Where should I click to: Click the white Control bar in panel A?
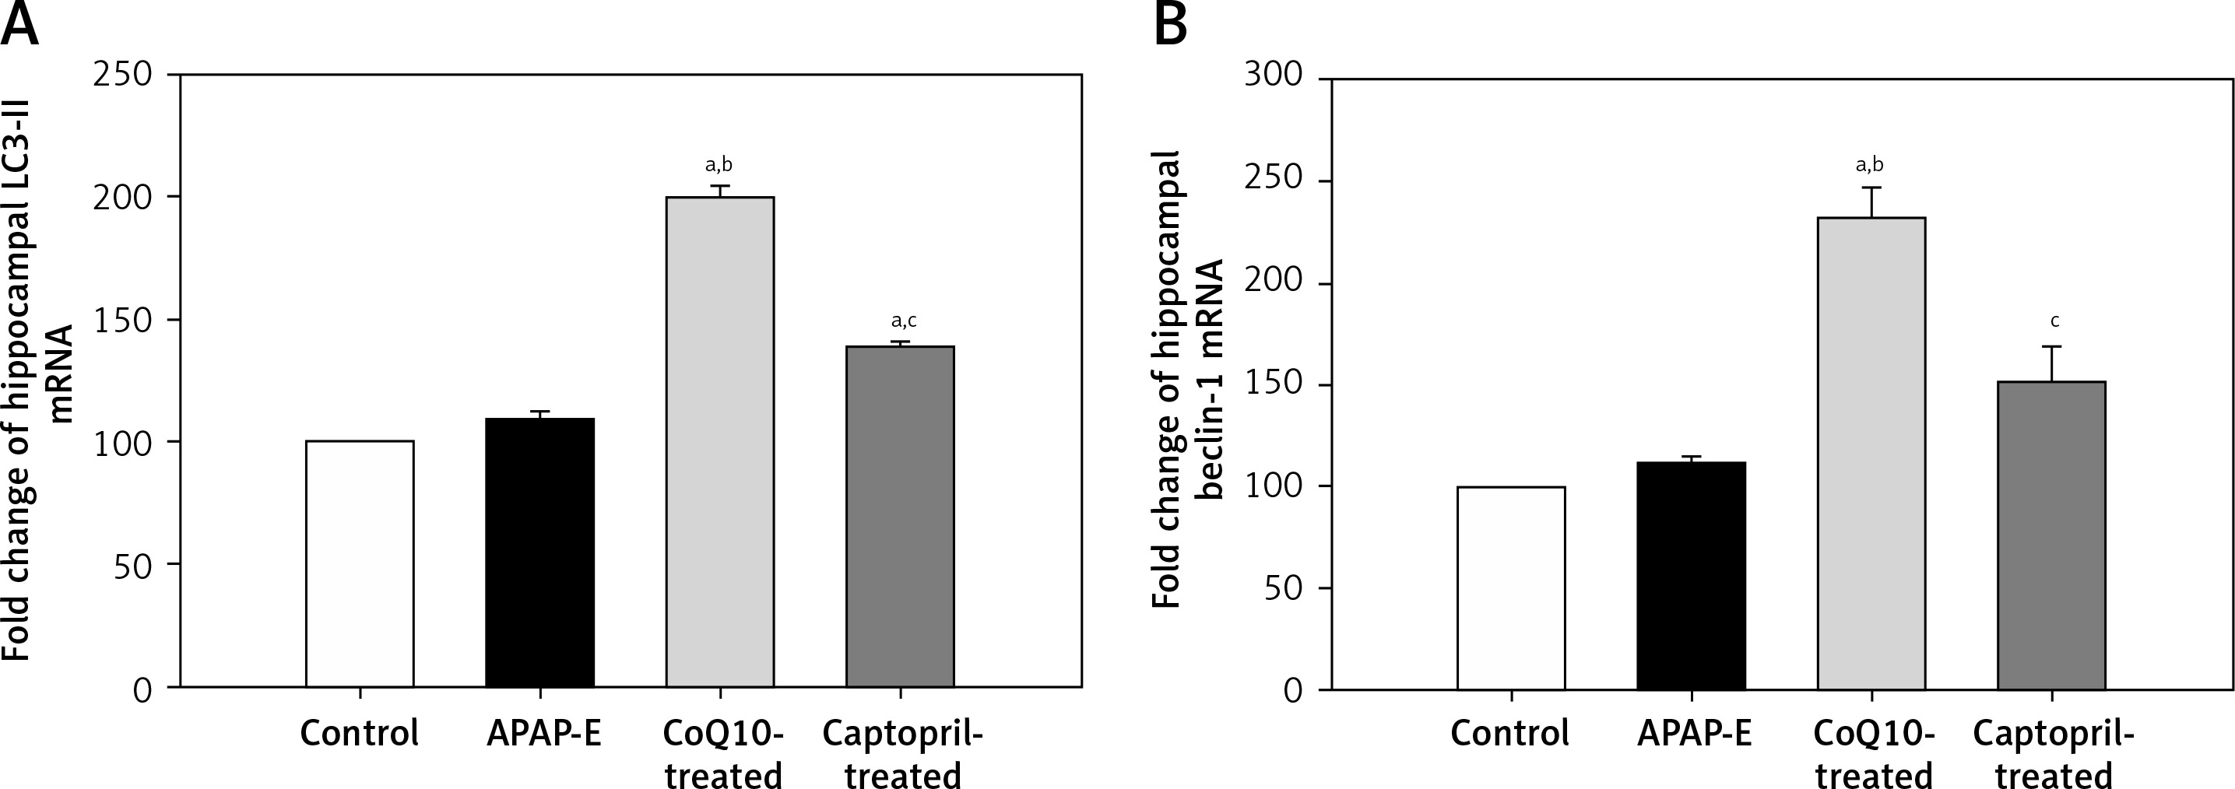pos(360,563)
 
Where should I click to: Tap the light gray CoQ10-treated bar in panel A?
pos(720,442)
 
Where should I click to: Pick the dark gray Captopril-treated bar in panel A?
pos(901,517)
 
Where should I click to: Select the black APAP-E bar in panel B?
pos(1691,576)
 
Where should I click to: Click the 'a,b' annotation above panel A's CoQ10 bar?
pos(719,165)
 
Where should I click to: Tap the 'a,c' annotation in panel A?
pos(903,321)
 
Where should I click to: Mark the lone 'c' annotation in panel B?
pos(2054,321)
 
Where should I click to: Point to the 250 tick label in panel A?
pos(122,75)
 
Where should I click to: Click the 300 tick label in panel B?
pos(1274,75)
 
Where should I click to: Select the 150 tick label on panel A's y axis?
pos(122,320)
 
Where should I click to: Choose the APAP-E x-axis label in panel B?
pos(1695,734)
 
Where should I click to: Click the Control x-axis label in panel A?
pos(359,734)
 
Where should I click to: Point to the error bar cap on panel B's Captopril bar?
pos(2052,347)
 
